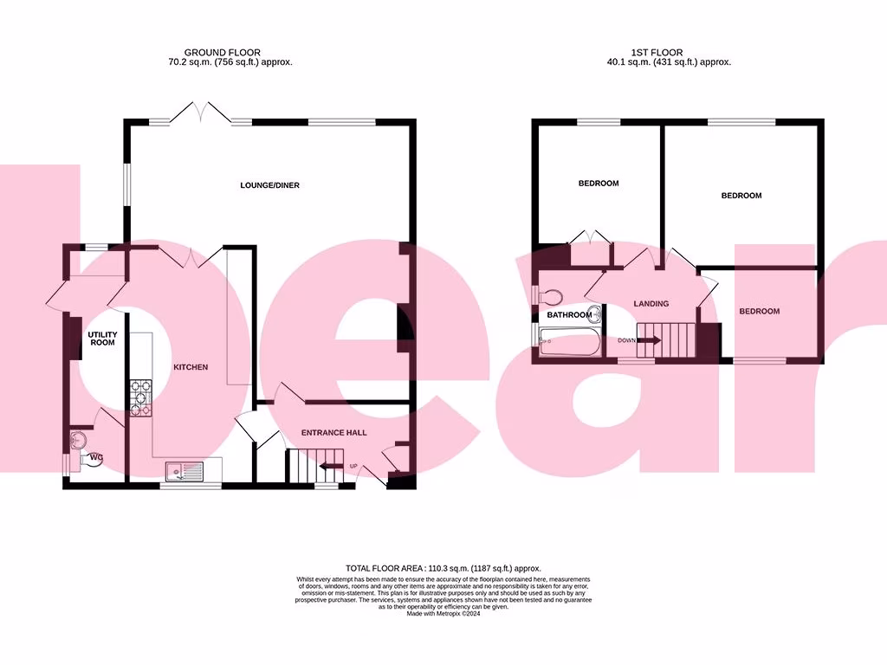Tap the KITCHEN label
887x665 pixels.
[x=191, y=367]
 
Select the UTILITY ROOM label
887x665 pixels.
[x=101, y=338]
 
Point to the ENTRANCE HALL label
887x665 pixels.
[x=333, y=432]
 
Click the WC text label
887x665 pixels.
[x=96, y=457]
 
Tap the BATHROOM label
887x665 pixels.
[x=568, y=315]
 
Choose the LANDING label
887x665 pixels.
[x=651, y=304]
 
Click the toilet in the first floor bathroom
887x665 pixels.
[x=549, y=297]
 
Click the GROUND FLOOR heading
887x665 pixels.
[x=222, y=53]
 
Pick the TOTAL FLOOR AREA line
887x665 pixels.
[x=443, y=568]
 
